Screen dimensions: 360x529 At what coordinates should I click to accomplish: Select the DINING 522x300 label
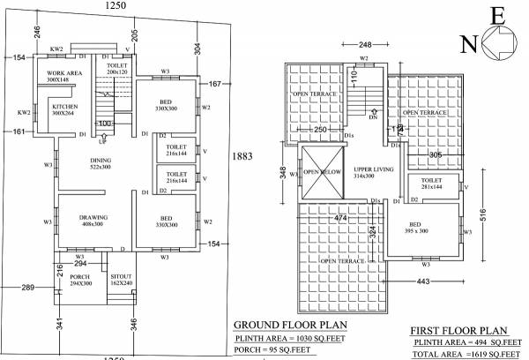100,162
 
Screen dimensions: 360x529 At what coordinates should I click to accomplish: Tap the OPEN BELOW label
317,172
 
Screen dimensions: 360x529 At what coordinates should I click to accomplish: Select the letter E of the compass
495,15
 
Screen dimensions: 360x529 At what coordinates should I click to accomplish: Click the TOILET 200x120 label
117,70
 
